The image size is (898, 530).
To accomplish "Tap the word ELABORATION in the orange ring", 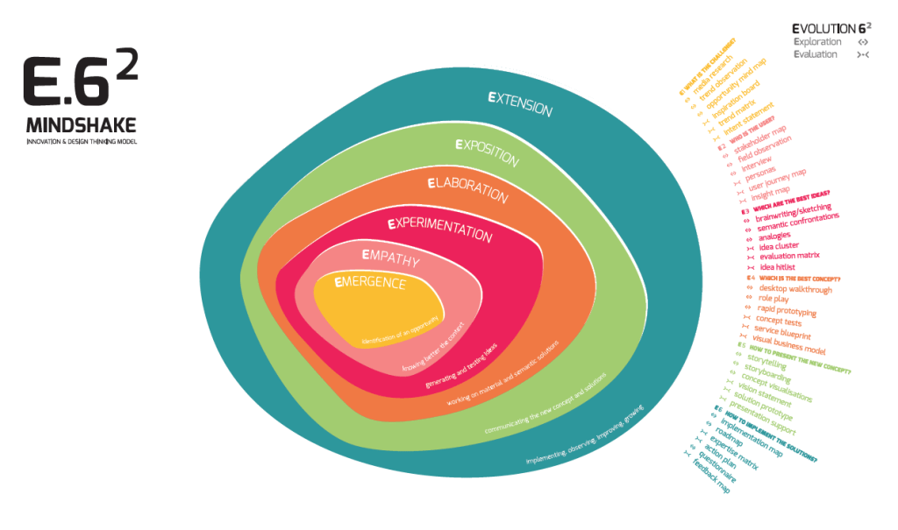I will point(467,189).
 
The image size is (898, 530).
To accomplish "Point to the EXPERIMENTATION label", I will point(439,229).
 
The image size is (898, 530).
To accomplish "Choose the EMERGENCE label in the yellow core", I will point(371,282).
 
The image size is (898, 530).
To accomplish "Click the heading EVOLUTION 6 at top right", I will point(831,27).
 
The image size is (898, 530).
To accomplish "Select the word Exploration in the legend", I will point(817,41).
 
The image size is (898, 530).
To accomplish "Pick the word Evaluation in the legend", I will point(816,54).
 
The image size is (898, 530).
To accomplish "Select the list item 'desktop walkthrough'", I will point(795,289).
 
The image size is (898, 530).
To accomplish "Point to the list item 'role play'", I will point(775,300).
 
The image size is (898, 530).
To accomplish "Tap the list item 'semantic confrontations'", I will point(798,226).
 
